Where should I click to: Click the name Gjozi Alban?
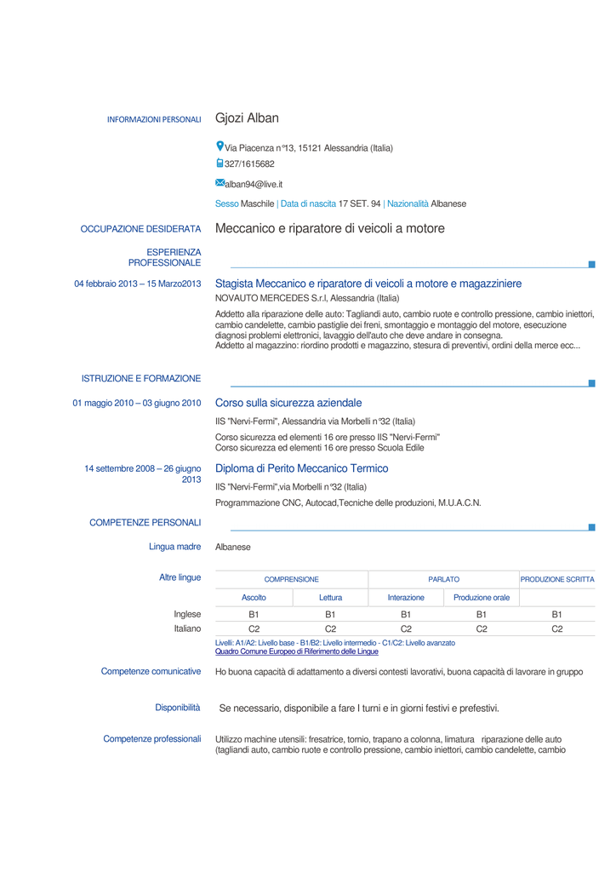coord(247,118)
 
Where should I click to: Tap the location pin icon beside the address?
coord(220,146)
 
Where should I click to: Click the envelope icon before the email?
coord(220,183)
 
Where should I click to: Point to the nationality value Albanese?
coord(448,204)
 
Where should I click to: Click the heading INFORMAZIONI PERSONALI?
coord(154,120)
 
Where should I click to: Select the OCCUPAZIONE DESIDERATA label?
coord(140,229)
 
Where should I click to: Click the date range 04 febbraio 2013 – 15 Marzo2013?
coord(138,284)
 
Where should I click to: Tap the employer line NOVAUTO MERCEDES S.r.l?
coord(306,298)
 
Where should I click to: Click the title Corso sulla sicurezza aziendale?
coord(288,403)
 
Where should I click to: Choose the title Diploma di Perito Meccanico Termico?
coord(301,468)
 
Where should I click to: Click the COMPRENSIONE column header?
coord(291,579)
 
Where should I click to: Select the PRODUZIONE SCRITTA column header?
coord(557,579)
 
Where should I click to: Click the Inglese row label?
coord(187,614)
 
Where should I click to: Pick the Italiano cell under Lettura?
coord(331,628)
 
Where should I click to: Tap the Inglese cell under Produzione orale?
coord(481,614)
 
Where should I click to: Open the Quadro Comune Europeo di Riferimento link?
coord(297,651)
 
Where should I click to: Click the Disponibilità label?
coord(178,708)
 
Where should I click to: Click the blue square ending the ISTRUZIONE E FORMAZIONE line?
coord(592,383)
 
